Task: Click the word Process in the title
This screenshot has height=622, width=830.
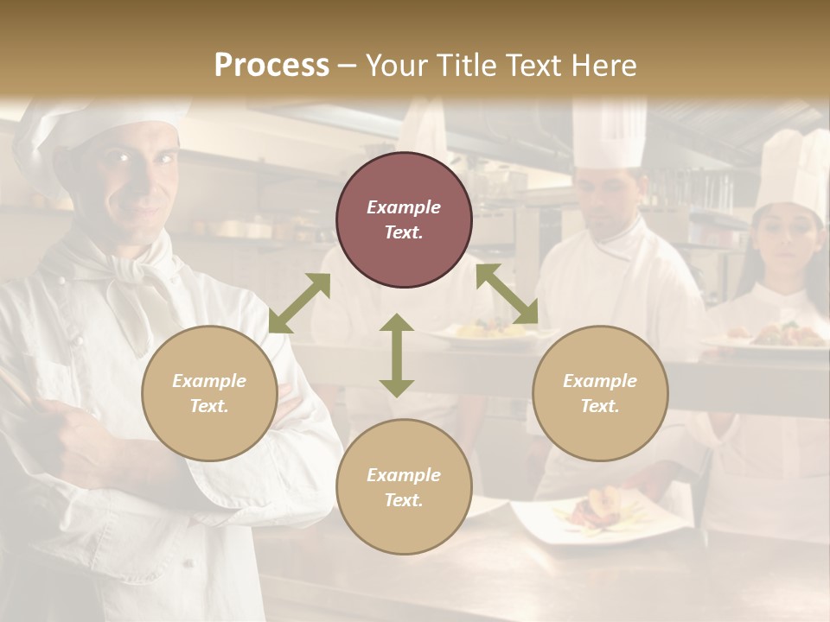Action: click(x=271, y=66)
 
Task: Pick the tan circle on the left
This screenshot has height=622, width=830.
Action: click(x=209, y=393)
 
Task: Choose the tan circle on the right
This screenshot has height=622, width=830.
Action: click(x=600, y=393)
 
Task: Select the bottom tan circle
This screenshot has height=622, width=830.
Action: click(x=404, y=487)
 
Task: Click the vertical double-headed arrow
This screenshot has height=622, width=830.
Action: click(x=397, y=355)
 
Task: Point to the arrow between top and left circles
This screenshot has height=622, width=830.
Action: click(x=299, y=303)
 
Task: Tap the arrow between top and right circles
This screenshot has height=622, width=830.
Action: click(x=507, y=294)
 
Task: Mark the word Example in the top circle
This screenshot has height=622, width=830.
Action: click(x=404, y=207)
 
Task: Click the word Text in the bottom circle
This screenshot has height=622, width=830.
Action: click(x=403, y=500)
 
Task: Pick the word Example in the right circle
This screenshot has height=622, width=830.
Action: click(x=600, y=381)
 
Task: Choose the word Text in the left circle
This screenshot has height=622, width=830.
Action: click(x=208, y=406)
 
